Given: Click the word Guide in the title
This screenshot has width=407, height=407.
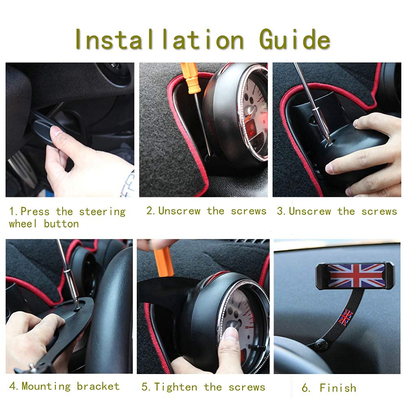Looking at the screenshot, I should tap(294, 40).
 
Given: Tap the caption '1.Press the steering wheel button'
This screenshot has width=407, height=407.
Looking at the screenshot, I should tap(67, 217).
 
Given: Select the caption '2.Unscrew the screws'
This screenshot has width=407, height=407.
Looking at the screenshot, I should tap(206, 211).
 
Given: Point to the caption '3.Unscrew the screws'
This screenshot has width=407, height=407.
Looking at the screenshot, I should tap(337, 211).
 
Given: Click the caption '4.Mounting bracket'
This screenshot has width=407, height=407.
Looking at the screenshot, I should tap(64, 386).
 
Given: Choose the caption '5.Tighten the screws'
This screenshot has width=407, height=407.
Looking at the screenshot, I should tap(203, 387).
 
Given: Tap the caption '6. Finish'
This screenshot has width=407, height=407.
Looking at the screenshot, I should tap(329, 388).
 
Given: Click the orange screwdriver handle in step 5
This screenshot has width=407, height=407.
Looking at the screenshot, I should tap(164, 261).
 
